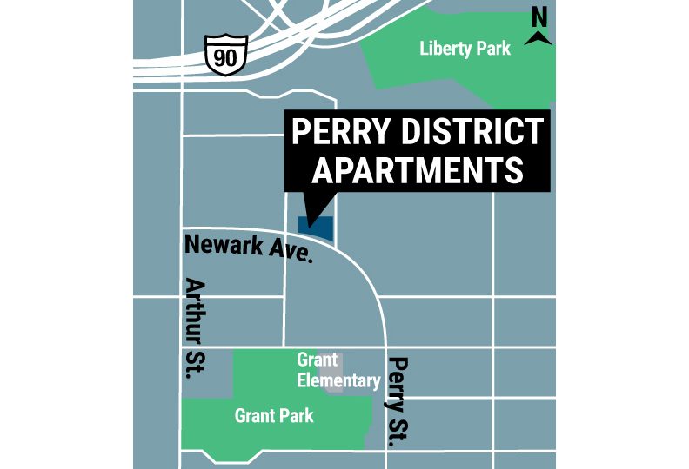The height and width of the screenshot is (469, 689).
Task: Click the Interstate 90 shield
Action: (x=226, y=54)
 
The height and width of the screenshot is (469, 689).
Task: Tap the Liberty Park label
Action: (x=465, y=49)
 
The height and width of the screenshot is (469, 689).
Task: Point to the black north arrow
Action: (x=540, y=36)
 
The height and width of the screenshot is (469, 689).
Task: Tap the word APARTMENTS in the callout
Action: (x=418, y=169)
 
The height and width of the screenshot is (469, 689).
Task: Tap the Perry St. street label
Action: (x=397, y=401)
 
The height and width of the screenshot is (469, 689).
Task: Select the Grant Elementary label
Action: (x=338, y=370)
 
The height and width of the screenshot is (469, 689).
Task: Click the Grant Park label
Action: (x=274, y=416)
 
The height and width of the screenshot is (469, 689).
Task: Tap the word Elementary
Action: (x=338, y=380)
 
